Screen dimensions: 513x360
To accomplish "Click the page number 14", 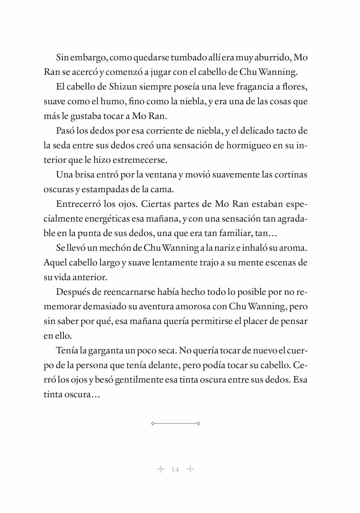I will coord(175,470).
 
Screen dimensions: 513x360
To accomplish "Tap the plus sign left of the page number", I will coord(160,469).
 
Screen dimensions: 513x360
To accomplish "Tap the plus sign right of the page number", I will coord(190,469).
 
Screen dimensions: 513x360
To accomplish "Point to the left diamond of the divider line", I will coord(153,423).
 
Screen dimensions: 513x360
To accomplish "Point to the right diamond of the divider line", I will coord(198,423).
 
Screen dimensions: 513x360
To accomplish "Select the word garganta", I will coord(106,351).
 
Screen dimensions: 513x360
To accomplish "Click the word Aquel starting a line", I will coord(55,263).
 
